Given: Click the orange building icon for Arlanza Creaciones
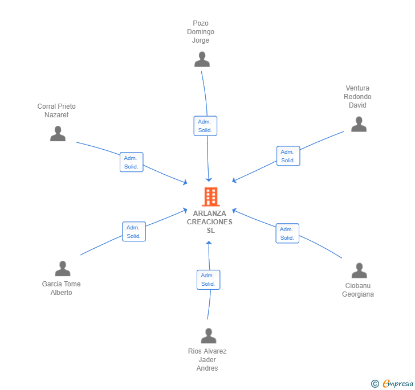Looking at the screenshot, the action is [211, 197].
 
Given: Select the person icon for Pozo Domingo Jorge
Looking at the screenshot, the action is [202, 59].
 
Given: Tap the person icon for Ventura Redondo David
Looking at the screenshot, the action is [359, 124].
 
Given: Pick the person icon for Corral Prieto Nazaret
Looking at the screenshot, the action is [58, 134].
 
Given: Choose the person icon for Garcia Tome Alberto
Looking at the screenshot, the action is [63, 268].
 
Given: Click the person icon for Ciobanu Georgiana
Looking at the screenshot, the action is [359, 270].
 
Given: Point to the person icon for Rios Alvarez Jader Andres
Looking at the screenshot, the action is [209, 335].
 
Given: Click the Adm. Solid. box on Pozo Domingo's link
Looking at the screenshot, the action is [205, 126].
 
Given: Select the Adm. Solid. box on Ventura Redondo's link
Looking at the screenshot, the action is [288, 156].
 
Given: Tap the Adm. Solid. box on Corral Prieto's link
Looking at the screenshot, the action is [132, 162].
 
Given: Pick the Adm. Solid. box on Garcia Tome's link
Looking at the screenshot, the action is [134, 232].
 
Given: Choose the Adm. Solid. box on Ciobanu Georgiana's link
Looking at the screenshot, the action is [287, 233].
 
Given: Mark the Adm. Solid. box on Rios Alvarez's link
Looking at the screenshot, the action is [208, 280].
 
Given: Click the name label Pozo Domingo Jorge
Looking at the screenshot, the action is [201, 32].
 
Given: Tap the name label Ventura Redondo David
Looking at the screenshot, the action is [357, 97].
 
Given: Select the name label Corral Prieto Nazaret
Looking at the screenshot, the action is [56, 110].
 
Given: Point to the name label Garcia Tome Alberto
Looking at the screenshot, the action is [61, 288].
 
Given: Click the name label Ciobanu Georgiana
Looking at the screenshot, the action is [358, 290].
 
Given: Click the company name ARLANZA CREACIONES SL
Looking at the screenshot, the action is [210, 222].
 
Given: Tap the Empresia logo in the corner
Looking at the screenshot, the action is [392, 383].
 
